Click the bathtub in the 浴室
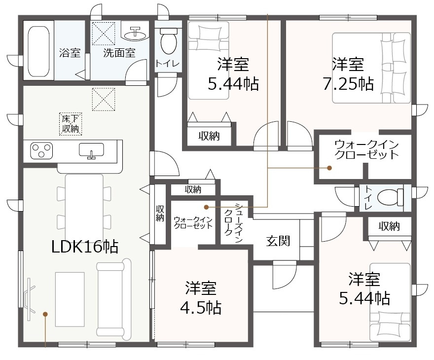[x=39, y=51]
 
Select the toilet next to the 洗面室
[x=169, y=41]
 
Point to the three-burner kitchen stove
[x=41, y=150]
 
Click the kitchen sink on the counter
[x=91, y=150]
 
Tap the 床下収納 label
[x=71, y=124]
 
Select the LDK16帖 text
[x=85, y=247]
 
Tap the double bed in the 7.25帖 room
[x=371, y=68]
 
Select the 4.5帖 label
[x=201, y=307]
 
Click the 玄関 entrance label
[x=278, y=241]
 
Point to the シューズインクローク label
[x=233, y=223]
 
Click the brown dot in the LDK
[x=45, y=314]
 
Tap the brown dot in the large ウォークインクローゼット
[x=329, y=168]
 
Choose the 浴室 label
[x=70, y=53]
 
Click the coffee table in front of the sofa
[x=70, y=299]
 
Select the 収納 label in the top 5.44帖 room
[x=209, y=136]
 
